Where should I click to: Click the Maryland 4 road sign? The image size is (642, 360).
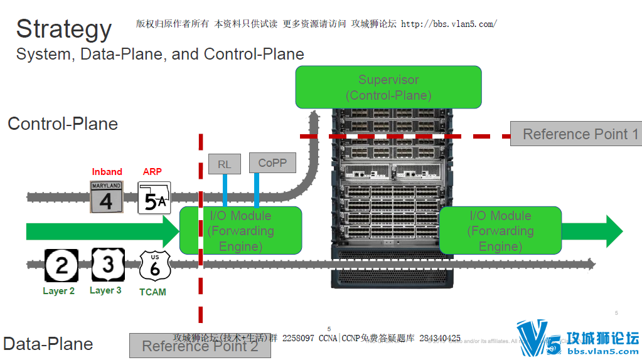pos(106,196)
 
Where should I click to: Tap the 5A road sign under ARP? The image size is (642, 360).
pos(154,198)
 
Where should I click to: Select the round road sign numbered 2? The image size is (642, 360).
pos(62,265)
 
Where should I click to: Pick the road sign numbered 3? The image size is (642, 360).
pos(108,265)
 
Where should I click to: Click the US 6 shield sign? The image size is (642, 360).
pos(154,266)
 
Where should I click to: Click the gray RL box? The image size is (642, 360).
pos(224,164)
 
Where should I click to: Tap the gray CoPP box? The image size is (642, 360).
pos(272,163)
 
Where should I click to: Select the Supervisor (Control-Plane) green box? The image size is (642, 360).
pos(388,87)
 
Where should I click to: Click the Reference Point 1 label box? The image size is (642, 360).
pos(575,134)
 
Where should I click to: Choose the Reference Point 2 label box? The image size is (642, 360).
pos(200,346)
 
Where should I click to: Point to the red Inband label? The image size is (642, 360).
pos(107,172)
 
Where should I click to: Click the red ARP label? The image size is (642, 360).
pos(152,172)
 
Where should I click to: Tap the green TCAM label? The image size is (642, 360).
pos(152,292)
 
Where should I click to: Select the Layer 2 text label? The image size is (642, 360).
pos(58,291)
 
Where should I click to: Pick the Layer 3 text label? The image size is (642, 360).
pos(105,290)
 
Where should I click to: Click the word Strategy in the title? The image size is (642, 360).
pos(63,29)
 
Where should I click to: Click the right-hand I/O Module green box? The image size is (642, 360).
pos(500,231)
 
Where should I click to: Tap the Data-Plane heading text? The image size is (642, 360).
pos(48,344)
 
